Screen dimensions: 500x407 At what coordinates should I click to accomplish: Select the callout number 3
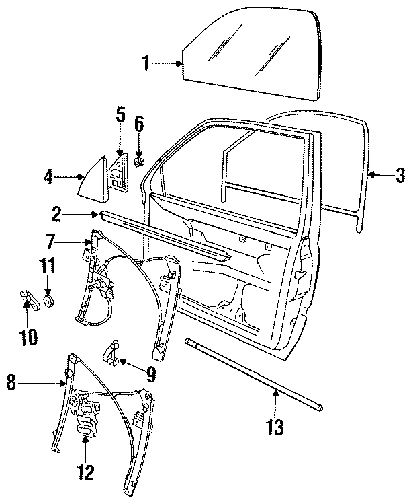pyautogui.click(x=400, y=176)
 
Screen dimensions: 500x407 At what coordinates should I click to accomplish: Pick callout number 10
pyautogui.click(x=29, y=334)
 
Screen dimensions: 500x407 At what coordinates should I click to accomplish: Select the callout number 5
pyautogui.click(x=120, y=114)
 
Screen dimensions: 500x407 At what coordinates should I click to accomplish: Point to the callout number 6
pyautogui.click(x=139, y=124)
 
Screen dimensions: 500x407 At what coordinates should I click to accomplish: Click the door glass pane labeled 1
pyautogui.click(x=248, y=54)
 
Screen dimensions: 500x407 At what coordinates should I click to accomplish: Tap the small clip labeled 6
pyautogui.click(x=138, y=162)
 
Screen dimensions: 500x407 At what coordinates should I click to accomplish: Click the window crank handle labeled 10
pyautogui.click(x=30, y=298)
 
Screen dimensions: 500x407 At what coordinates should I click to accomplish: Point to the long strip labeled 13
pyautogui.click(x=255, y=373)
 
